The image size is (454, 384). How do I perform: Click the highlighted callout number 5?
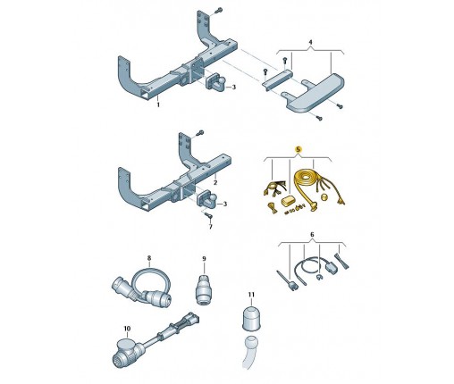point(298,149)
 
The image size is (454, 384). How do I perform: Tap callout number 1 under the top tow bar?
point(158,104)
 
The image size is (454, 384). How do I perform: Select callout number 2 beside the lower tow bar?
point(215,182)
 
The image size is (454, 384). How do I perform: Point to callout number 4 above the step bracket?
point(310,42)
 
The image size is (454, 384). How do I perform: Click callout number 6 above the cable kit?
point(312,235)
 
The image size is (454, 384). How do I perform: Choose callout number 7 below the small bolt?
point(211,227)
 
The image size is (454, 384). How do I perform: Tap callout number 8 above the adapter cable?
point(149,257)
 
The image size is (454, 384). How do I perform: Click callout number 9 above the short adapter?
point(204,259)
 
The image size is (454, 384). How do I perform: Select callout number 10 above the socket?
point(127,329)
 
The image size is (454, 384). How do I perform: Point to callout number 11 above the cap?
point(251,295)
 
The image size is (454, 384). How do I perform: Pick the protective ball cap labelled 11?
point(251,318)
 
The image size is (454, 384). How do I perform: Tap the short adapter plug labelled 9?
point(204,290)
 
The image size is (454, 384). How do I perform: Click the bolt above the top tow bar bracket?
point(219,10)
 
